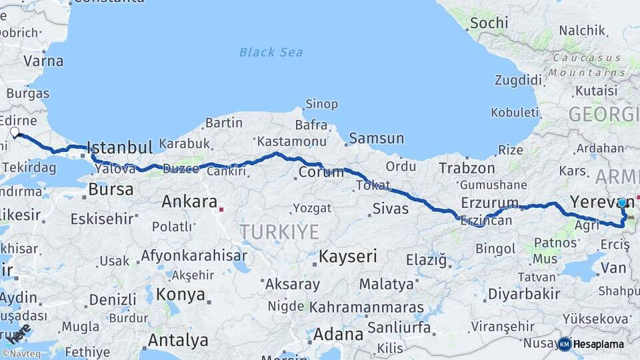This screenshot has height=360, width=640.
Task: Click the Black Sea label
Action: pyautogui.click(x=271, y=52)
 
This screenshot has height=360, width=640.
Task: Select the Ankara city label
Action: pyautogui.click(x=189, y=201)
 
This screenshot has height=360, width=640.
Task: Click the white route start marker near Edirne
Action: pyautogui.click(x=15, y=132)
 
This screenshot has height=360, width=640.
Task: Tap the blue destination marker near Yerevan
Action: pyautogui.click(x=622, y=203)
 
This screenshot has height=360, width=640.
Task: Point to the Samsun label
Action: pyautogui.click(x=376, y=139)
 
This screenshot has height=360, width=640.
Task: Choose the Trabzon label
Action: pyautogui.click(x=467, y=168)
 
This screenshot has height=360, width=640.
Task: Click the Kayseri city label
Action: pyautogui.click(x=347, y=255)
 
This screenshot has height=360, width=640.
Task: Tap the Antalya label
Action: pyautogui.click(x=178, y=340)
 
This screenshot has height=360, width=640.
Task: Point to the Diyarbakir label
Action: pyautogui.click(x=523, y=293)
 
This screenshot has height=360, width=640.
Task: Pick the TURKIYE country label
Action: pyautogui.click(x=279, y=231)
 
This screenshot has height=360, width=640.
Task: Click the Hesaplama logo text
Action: pyautogui.click(x=598, y=344)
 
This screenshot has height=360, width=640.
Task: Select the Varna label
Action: pyautogui.click(x=43, y=61)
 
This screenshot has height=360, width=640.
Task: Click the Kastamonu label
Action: pyautogui.click(x=291, y=141)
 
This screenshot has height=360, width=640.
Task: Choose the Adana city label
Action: pyautogui.click(x=337, y=333)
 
